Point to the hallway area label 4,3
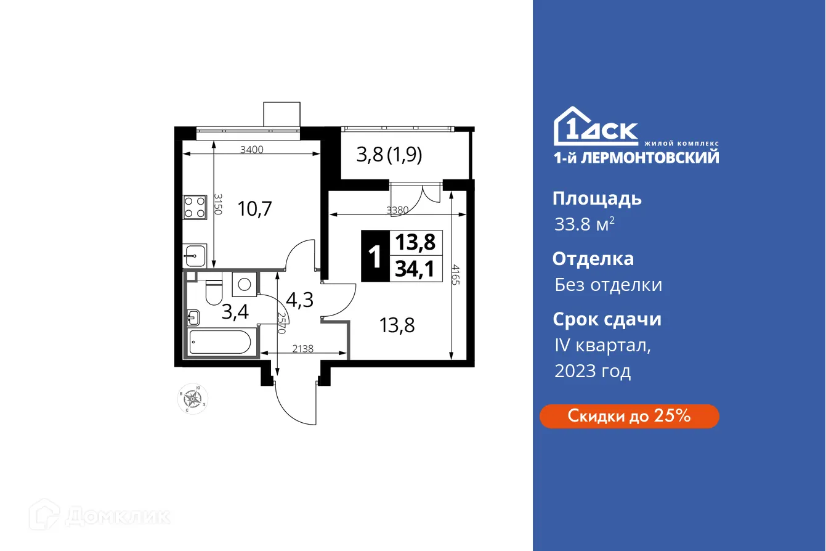pos(300,300)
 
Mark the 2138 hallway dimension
pos(302,348)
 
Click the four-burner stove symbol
pos(195,207)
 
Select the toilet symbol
pos(214,292)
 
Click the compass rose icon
pos(193,399)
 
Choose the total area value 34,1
pos(415,269)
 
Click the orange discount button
pos(629,416)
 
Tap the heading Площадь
pos(597,198)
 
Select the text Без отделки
pos(608,285)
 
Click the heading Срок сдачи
pos(607,319)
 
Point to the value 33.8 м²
pos(584,225)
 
